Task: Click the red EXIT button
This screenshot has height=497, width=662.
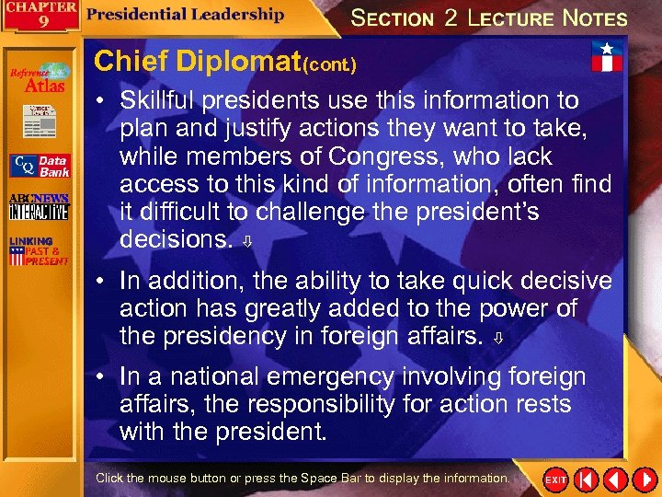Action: (x=556, y=480)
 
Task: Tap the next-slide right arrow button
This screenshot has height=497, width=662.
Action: (x=641, y=480)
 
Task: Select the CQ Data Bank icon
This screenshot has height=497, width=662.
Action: (x=39, y=166)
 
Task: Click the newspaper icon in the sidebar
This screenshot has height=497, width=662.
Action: (x=39, y=120)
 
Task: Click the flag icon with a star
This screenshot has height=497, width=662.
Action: (x=605, y=56)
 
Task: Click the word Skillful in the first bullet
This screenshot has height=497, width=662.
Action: (x=166, y=99)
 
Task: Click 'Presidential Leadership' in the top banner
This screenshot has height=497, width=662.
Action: (x=186, y=15)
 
